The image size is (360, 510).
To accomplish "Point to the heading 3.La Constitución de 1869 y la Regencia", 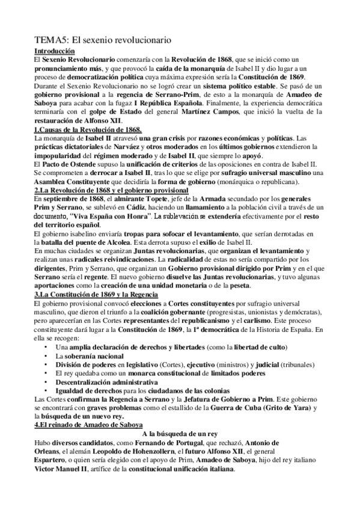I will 96,295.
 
